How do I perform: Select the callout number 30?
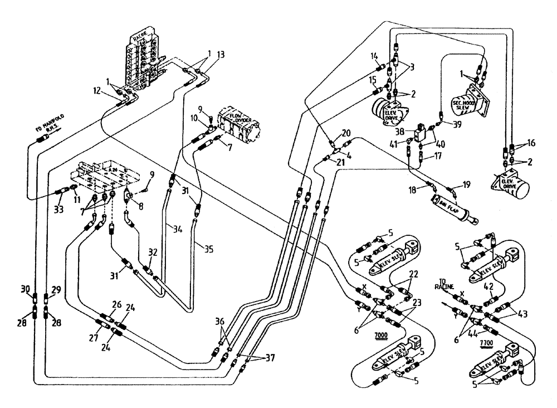[24, 289]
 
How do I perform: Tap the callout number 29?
[55, 289]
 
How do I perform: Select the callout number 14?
[373, 56]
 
